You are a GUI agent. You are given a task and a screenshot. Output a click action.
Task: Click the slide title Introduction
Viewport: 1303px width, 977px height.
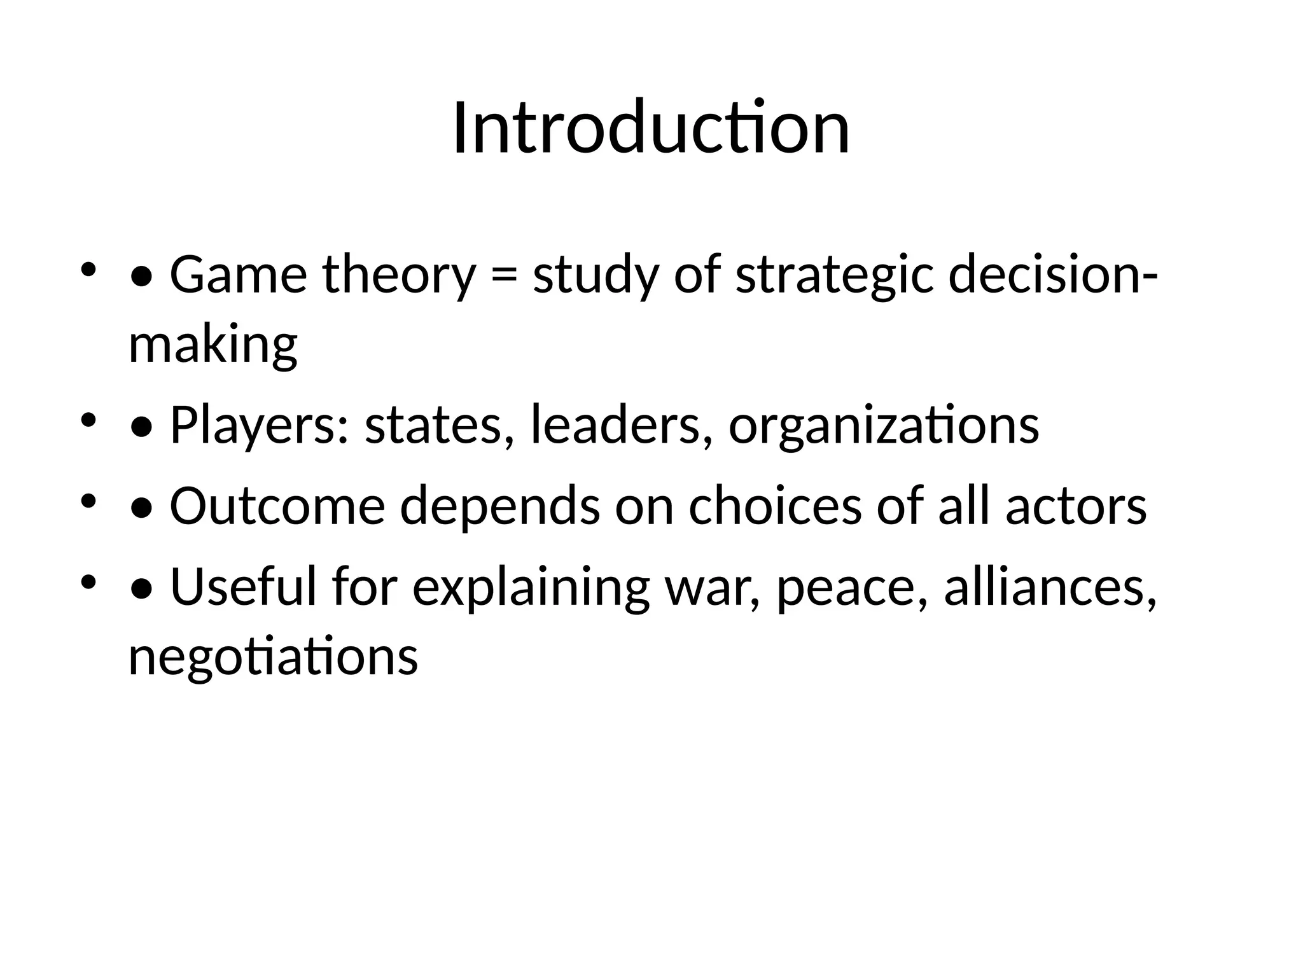coord(651,128)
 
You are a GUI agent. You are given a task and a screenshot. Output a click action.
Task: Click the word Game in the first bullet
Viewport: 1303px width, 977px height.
coord(239,275)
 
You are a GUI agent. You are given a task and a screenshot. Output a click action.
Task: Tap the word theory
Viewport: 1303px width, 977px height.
coord(399,275)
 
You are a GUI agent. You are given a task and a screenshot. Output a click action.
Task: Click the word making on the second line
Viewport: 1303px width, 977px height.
coord(213,345)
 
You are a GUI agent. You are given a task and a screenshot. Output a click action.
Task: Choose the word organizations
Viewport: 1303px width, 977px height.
coord(884,425)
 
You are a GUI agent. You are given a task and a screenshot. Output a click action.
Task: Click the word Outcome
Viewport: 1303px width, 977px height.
coord(277,506)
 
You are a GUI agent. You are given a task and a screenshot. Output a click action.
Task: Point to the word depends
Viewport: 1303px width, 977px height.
coord(499,506)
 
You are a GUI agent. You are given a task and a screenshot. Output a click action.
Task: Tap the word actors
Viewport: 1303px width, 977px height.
coord(1076,506)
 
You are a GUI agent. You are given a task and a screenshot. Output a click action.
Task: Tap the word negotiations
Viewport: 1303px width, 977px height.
coord(273,656)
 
